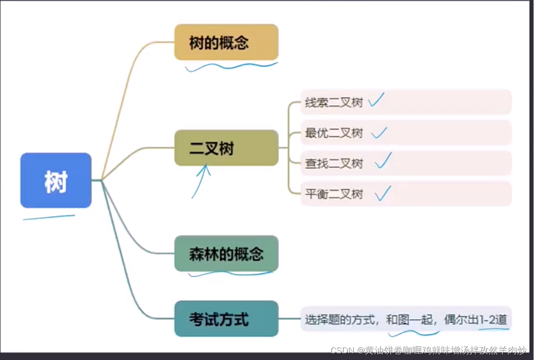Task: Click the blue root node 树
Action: click(x=56, y=180)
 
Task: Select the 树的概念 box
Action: click(x=226, y=42)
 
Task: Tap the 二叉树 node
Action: click(x=226, y=148)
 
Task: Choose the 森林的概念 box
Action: click(x=226, y=253)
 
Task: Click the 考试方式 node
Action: click(x=226, y=319)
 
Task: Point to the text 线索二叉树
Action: click(x=334, y=102)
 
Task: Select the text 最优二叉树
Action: click(x=334, y=133)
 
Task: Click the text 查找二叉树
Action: click(x=334, y=164)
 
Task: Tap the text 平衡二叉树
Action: click(x=334, y=194)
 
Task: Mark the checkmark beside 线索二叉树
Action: click(x=376, y=100)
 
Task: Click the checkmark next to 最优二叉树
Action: click(x=379, y=132)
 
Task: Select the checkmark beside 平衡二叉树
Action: click(x=383, y=193)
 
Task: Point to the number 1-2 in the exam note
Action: click(x=487, y=320)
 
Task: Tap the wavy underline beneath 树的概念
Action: click(x=231, y=67)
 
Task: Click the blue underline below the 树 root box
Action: click(x=49, y=218)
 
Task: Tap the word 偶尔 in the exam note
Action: click(x=455, y=320)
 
